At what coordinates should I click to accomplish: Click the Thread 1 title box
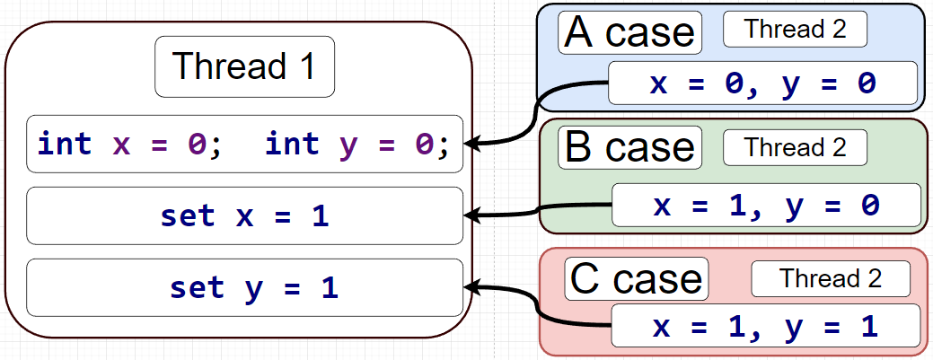pos(244,66)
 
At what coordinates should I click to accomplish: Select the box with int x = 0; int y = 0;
pos(244,144)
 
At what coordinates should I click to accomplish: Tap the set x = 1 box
pos(244,215)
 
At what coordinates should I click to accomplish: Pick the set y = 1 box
pos(244,287)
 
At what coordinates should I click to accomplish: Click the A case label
pos(629,33)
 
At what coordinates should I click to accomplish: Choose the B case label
pos(629,147)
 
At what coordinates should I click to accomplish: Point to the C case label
pos(637,279)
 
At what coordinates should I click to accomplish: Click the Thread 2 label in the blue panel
pos(795,29)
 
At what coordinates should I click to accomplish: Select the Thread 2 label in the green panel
pos(795,146)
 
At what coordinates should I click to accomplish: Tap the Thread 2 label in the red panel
pos(831,278)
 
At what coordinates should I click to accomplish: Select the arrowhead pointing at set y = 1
pos(472,287)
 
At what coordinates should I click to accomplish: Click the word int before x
pos(64,144)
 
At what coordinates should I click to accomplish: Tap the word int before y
pos(292,144)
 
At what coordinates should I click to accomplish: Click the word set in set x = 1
pos(188,215)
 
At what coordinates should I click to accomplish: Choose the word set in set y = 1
pos(197,287)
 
